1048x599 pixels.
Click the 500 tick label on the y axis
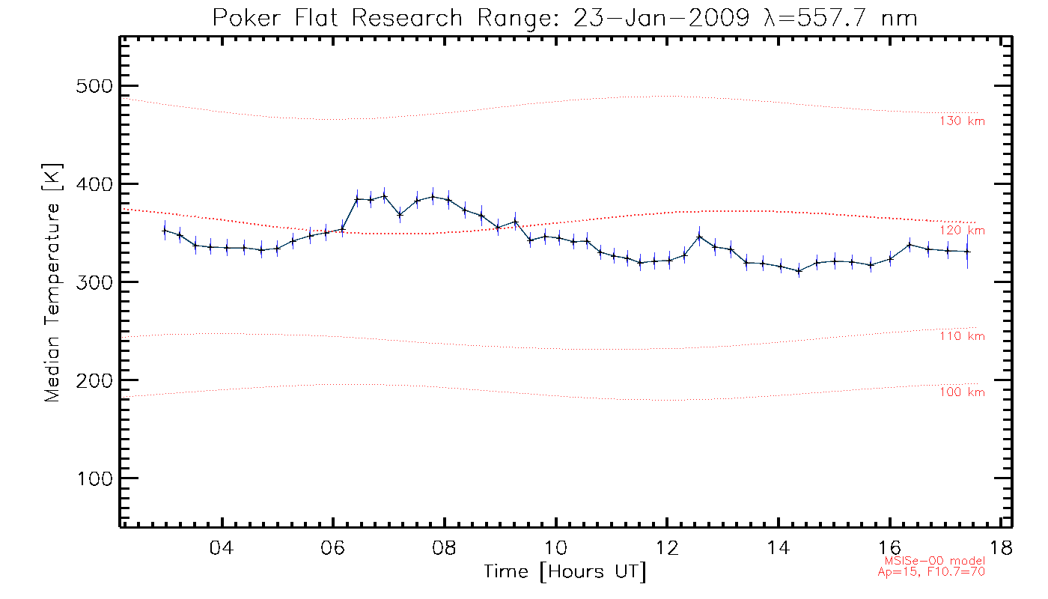(94, 86)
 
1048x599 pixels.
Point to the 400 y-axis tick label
(94, 184)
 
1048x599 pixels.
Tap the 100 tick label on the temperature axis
(94, 478)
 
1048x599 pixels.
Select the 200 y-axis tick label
(94, 380)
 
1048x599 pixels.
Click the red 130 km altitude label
(962, 121)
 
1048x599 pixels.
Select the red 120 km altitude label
(962, 231)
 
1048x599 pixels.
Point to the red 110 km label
(962, 336)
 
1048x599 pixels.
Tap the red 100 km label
(962, 392)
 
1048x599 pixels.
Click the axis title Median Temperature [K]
(52, 283)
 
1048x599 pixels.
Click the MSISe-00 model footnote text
(931, 561)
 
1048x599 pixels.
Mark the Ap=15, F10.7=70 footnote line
(931, 572)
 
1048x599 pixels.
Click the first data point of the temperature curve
(165, 231)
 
